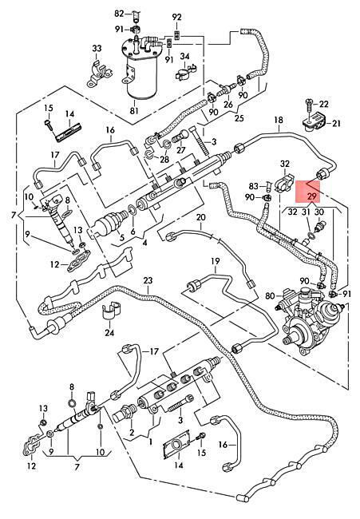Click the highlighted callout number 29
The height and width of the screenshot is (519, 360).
click(x=311, y=196)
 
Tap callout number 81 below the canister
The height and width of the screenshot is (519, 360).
click(x=134, y=110)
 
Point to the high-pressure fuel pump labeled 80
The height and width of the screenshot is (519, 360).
click(x=310, y=317)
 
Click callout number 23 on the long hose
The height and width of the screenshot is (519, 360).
click(x=148, y=280)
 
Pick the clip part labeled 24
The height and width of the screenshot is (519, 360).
click(x=111, y=311)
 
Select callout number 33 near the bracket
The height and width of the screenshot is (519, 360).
click(x=97, y=49)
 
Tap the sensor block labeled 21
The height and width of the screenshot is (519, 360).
click(x=314, y=124)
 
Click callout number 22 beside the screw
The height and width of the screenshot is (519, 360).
click(x=323, y=104)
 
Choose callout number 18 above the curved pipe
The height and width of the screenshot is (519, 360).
click(x=279, y=120)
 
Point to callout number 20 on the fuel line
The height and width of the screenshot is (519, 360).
click(x=201, y=217)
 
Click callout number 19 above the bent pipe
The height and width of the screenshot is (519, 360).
click(x=216, y=261)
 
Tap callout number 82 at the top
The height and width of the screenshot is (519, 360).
click(x=119, y=14)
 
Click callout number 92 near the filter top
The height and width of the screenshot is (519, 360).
click(x=177, y=17)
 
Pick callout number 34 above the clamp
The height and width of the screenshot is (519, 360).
click(x=184, y=56)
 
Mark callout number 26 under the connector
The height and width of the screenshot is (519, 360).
click(x=228, y=105)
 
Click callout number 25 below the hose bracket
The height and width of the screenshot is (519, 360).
click(x=239, y=118)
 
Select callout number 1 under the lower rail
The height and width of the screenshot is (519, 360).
click(x=150, y=442)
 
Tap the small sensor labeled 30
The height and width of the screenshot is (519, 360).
click(x=318, y=225)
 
